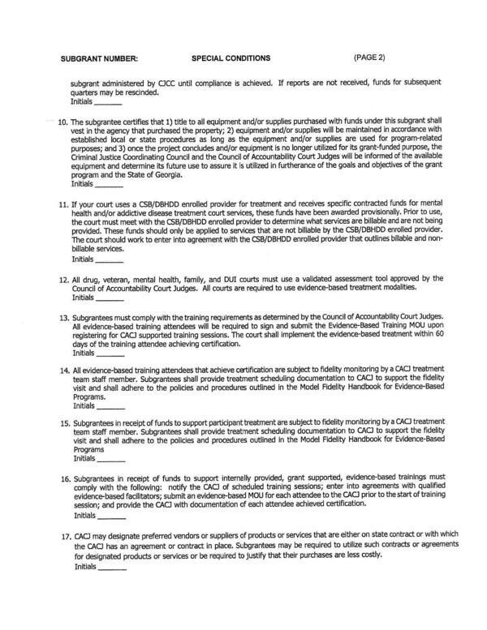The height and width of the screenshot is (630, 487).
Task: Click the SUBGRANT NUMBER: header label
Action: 100,58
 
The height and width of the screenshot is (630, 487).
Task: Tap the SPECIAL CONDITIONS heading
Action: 231,58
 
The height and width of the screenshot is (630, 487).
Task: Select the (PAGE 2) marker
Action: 370,58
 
